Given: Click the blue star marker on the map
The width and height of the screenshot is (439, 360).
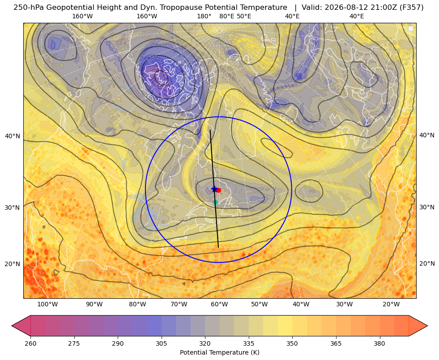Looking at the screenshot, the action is [214, 189].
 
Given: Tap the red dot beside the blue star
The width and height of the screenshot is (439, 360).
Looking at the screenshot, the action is [219, 190].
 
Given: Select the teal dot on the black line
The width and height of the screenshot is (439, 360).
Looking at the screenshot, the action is [215, 202].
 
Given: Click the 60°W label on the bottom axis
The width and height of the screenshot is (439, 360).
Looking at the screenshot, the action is [219, 305].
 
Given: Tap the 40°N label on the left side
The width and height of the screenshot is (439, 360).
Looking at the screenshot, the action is [13, 136].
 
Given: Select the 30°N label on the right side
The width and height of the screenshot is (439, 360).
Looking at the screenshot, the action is [427, 207].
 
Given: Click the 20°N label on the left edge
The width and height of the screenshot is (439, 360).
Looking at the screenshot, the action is [13, 264].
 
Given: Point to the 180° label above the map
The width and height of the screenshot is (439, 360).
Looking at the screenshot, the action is [204, 16].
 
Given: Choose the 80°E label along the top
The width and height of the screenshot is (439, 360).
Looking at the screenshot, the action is [227, 16].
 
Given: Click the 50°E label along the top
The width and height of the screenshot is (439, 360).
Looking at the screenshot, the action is [244, 16].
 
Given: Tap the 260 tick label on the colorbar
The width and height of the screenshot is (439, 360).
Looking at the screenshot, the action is [30, 343].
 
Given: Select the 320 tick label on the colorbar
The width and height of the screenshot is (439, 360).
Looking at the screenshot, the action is [205, 343].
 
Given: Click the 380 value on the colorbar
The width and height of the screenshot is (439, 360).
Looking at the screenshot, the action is [379, 343].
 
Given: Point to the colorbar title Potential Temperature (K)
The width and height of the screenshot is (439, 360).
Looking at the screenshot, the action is [219, 352].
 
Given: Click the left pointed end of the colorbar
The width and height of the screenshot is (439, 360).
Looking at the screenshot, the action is [12, 326].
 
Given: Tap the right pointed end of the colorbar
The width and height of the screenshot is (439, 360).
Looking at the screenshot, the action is [427, 326].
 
